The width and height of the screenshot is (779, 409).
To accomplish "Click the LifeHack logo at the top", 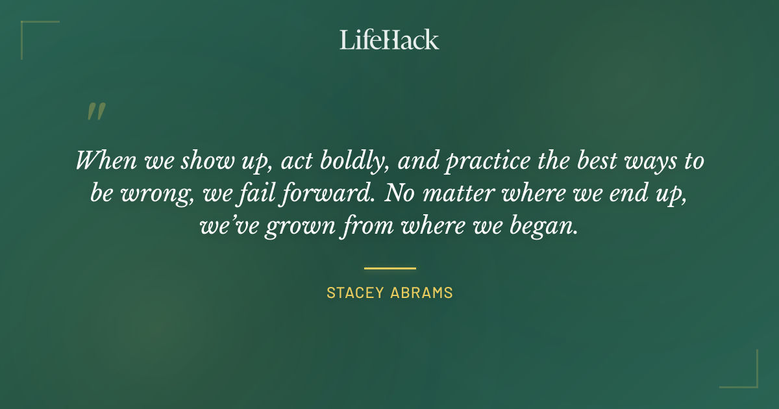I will coord(389,40).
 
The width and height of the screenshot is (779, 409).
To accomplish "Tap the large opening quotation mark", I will coord(95,112).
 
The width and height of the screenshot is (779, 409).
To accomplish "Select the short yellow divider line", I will coord(389,267).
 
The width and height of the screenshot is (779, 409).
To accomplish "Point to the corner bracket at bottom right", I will coord(747,377).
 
